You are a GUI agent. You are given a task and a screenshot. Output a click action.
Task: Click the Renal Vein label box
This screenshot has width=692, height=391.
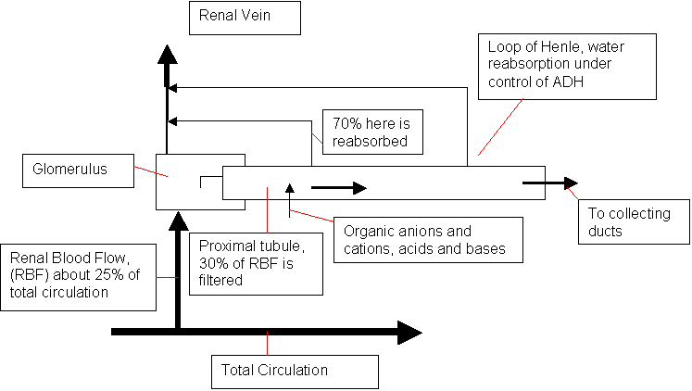(245, 18)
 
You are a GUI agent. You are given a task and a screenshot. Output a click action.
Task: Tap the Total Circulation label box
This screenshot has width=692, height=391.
(295, 372)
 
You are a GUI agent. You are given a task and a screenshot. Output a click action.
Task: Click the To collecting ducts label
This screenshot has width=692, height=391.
(631, 221)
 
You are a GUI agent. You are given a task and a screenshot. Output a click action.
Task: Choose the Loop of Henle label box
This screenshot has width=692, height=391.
(568, 66)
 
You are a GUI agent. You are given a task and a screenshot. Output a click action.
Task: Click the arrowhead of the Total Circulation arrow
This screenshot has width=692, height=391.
(409, 332)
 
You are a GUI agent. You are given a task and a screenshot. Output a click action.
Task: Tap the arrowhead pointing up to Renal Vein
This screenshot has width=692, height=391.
(167, 54)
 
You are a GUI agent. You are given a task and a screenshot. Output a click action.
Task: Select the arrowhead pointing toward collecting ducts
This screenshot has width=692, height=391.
(569, 183)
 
